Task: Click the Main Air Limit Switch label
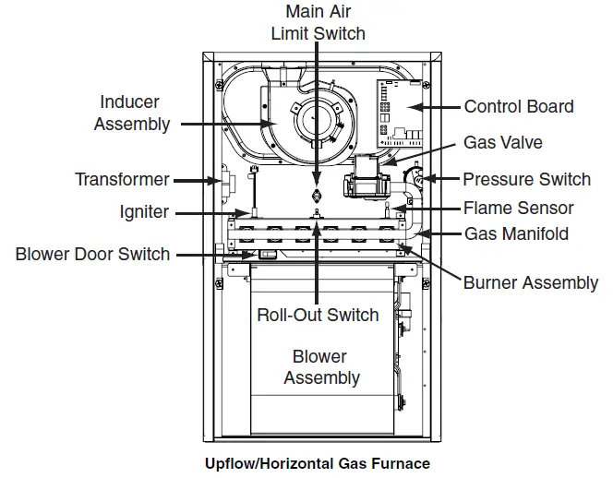tap(318, 23)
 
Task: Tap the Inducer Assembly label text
tap(132, 113)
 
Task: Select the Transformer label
tap(123, 179)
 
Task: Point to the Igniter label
tap(143, 211)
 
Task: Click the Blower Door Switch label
tap(92, 253)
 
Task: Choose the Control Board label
tap(518, 106)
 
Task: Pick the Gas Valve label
tap(502, 143)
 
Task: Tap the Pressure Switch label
tap(526, 179)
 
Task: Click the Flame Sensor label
tap(518, 208)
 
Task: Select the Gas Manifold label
tap(516, 233)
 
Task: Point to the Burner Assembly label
tap(530, 282)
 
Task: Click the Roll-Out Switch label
tap(318, 315)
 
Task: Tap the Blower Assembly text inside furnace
tap(320, 366)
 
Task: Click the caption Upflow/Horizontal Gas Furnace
tap(317, 463)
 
